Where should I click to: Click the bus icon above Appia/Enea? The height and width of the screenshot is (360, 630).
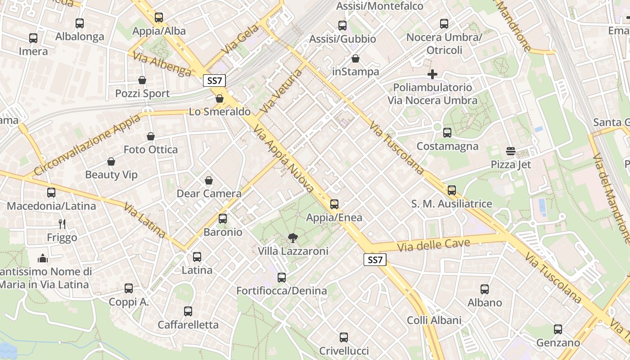point(334,204)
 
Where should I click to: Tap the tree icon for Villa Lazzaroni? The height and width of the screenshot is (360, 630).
point(292,238)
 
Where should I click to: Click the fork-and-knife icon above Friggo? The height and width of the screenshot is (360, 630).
point(62,224)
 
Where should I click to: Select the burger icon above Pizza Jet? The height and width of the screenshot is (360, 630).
point(510,151)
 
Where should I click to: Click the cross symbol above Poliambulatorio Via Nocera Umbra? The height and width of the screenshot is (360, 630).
point(432,74)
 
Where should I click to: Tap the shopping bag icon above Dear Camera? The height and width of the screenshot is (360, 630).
point(209,180)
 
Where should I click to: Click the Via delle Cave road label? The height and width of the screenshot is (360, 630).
point(434,246)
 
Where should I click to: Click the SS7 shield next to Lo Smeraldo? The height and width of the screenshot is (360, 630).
point(214,81)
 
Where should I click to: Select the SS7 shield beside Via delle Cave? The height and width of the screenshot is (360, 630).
point(375,260)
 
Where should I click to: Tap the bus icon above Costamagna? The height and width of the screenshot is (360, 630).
point(447,133)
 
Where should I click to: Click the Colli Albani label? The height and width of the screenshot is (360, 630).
point(434,320)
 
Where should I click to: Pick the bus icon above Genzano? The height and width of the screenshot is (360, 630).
point(558,329)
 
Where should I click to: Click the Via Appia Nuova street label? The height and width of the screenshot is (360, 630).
point(283,158)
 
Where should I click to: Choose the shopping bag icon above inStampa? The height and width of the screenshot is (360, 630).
point(355,58)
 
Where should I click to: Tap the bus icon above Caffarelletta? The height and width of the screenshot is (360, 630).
point(188,311)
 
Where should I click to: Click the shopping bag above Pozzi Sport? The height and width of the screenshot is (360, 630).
point(142,80)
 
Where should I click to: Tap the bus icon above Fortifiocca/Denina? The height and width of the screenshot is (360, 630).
point(282,278)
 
